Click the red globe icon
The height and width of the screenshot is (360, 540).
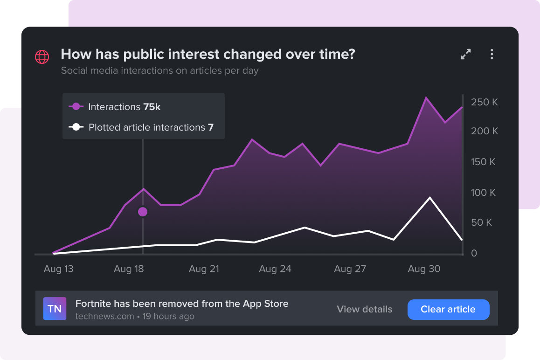[x=42, y=57]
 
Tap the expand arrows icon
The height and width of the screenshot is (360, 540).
[x=465, y=55]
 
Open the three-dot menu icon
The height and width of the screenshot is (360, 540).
[x=492, y=55]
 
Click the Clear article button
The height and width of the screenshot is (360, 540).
[x=448, y=309]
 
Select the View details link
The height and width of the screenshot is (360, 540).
[x=364, y=309]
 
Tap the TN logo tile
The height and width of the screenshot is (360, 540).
[x=55, y=309]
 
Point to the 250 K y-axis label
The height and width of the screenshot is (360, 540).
[x=485, y=102]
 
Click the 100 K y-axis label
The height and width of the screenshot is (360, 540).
[x=483, y=193]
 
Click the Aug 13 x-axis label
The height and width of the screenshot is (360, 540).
[x=58, y=269]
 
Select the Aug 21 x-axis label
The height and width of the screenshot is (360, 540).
[x=204, y=269]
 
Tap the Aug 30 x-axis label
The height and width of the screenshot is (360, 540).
[x=424, y=269]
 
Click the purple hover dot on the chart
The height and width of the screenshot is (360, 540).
[x=143, y=212]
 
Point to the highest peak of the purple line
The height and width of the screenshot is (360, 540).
[x=426, y=97]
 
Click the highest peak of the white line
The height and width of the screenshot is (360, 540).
[x=429, y=198]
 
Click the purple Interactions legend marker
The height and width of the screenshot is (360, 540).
[x=76, y=107]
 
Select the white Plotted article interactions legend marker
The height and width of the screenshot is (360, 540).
[x=76, y=127]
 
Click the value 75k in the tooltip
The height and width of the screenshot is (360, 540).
[x=152, y=107]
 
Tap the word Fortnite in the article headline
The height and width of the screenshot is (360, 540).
[x=93, y=304]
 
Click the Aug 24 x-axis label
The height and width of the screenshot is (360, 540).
[x=275, y=269]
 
